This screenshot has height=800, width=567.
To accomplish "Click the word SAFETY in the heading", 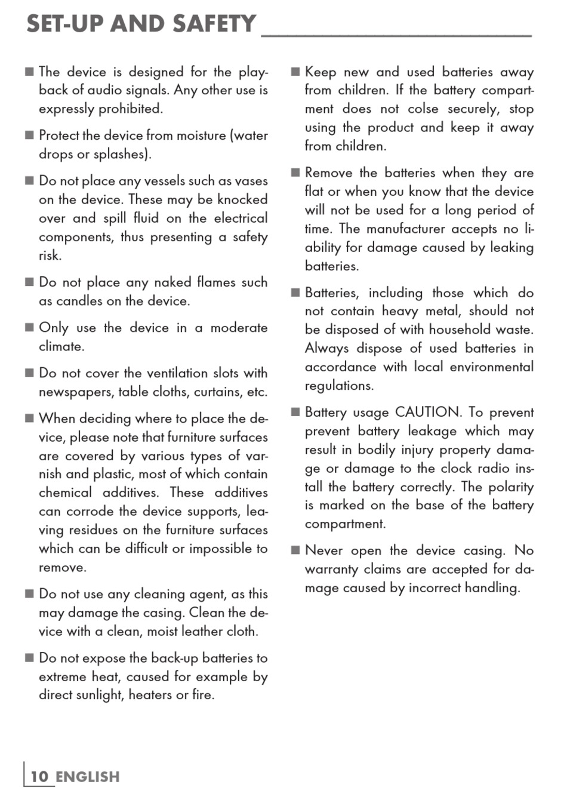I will pyautogui.click(x=214, y=24).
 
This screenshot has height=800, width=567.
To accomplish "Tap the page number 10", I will pyautogui.click(x=39, y=777).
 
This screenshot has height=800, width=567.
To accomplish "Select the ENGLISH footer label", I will pyautogui.click(x=88, y=777).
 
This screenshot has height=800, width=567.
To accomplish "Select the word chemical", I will pyautogui.click(x=65, y=493).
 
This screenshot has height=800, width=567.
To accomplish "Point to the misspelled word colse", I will pyautogui.click(x=423, y=109).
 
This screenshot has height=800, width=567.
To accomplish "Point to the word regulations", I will pyautogui.click(x=339, y=386).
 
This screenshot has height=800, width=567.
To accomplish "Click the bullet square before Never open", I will pyautogui.click(x=295, y=550).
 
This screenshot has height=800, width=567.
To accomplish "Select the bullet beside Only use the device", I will pyautogui.click(x=29, y=328).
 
